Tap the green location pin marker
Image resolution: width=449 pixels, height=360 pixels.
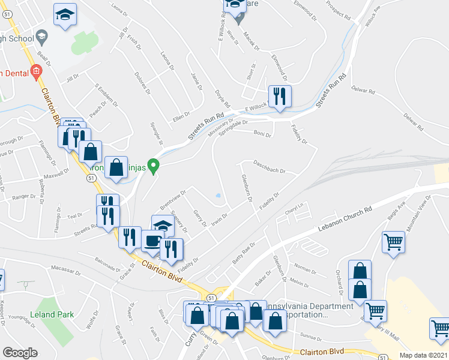(x=154, y=166)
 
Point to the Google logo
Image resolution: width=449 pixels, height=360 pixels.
(x=20, y=352)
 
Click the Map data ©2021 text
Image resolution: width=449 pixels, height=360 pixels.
(x=423, y=355)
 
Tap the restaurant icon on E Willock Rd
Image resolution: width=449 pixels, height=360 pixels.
(x=280, y=97)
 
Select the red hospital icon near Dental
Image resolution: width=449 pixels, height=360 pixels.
(x=35, y=73)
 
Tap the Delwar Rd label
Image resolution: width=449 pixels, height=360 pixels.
(x=363, y=92)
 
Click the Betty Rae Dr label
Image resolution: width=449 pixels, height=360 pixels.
(x=244, y=254)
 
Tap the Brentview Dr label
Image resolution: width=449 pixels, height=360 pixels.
(x=173, y=197)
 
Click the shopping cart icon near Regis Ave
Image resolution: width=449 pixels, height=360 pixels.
(x=393, y=242)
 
